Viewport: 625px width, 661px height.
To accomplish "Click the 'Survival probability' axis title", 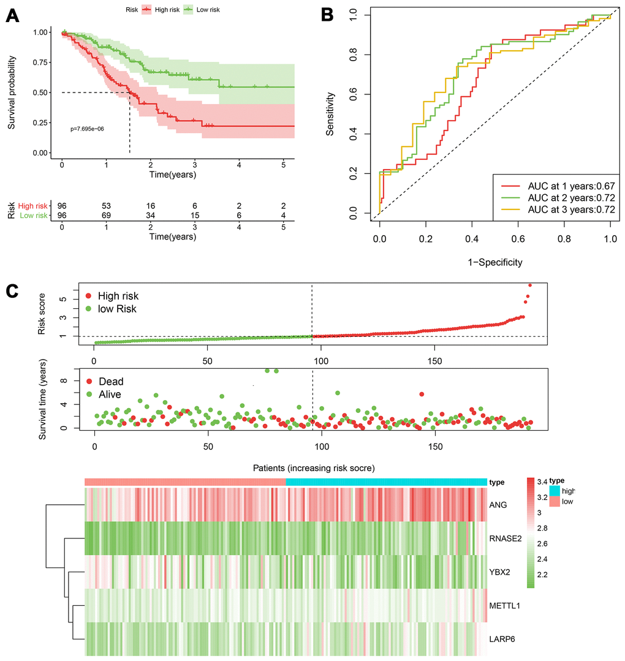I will [x=12, y=93].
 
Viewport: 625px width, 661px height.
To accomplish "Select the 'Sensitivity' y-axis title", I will [x=331, y=114].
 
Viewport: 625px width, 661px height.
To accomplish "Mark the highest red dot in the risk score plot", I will [x=530, y=285].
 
